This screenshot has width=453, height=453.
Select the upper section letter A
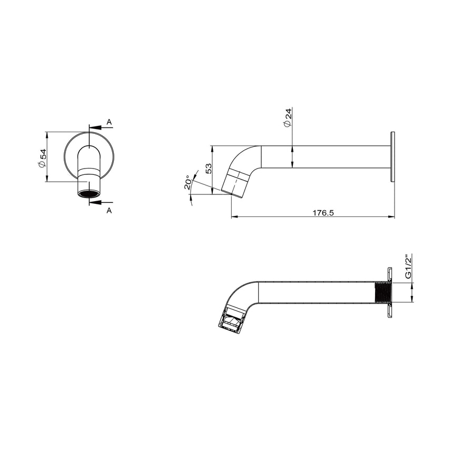109,122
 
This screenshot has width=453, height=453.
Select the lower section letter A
109,210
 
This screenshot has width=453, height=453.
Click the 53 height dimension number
209,169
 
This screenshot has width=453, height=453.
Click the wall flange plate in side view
392,157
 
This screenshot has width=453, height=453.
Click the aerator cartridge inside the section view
232,320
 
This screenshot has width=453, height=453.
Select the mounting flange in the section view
390,292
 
